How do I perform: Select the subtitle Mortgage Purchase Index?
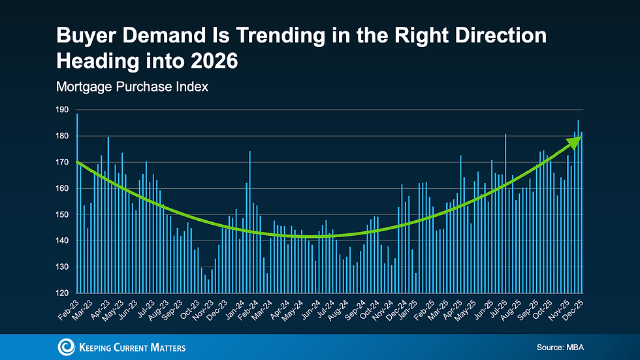(x=132, y=86)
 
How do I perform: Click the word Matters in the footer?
(x=165, y=348)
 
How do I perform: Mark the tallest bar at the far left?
(x=77, y=203)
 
